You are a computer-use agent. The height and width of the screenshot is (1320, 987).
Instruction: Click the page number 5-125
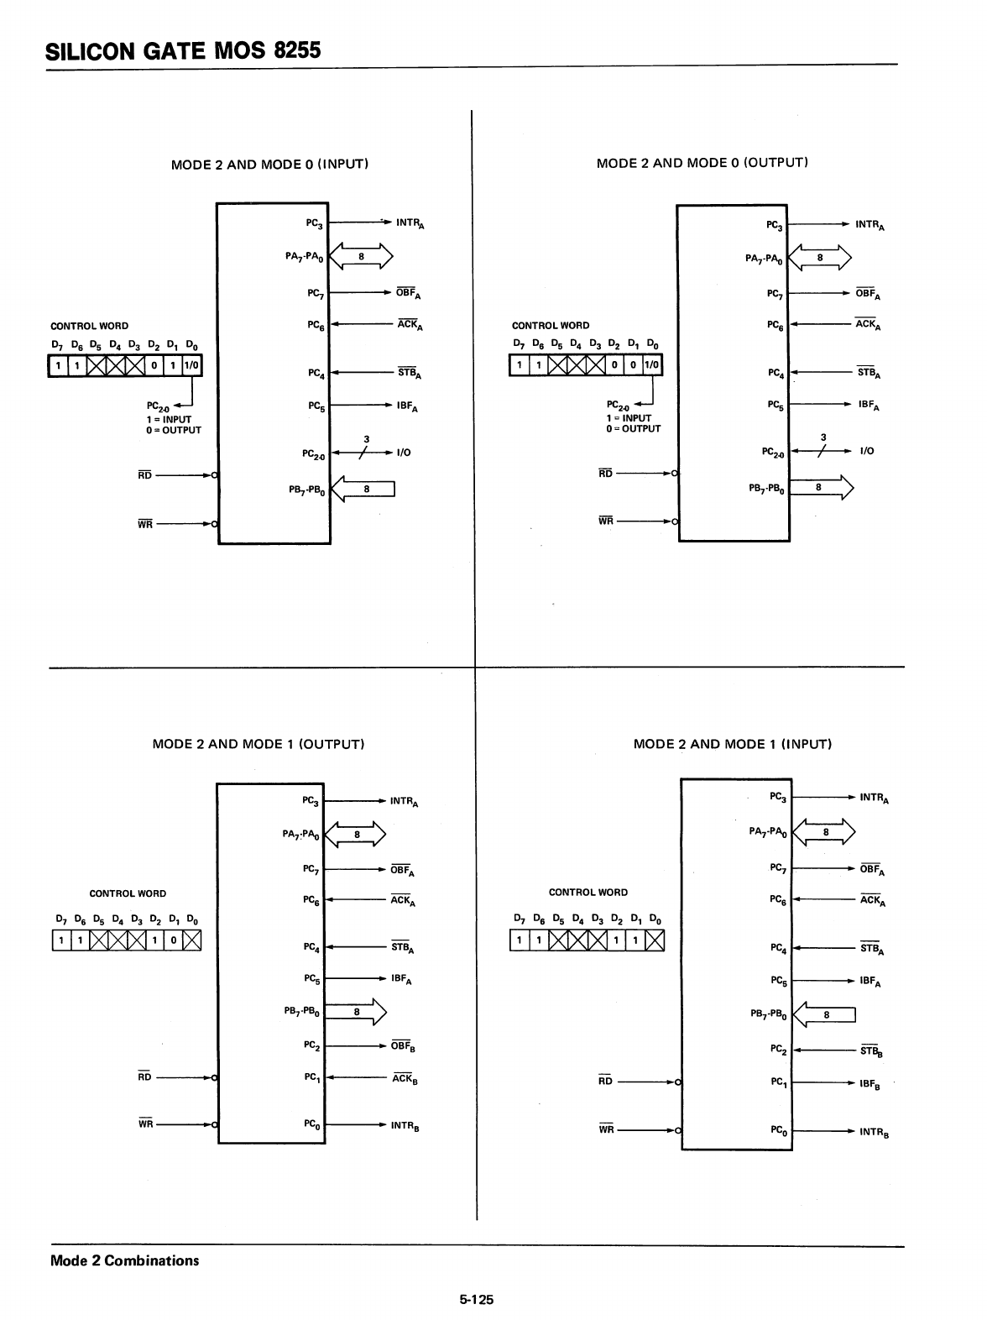click(476, 1299)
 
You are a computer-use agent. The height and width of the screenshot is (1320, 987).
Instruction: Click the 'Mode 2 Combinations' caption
click(125, 1260)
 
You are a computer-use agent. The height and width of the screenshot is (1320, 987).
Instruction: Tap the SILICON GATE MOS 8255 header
click(183, 50)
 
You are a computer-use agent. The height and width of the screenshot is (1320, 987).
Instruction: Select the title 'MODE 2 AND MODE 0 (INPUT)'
click(269, 164)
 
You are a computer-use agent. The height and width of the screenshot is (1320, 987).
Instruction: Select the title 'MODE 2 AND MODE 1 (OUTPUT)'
click(258, 744)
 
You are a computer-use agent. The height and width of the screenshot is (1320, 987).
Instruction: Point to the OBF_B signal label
click(404, 1047)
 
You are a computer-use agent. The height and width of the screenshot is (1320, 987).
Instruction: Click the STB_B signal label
click(871, 1050)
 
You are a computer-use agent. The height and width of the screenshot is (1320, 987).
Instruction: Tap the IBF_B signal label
click(869, 1085)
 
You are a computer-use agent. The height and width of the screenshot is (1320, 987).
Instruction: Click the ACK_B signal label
click(405, 1079)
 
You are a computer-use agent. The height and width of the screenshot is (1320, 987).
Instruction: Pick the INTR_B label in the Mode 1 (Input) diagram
click(874, 1133)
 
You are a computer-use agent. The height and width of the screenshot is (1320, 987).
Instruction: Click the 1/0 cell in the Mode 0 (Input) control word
click(191, 366)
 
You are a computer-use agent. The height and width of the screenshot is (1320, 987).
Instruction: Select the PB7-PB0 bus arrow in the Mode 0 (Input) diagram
click(363, 489)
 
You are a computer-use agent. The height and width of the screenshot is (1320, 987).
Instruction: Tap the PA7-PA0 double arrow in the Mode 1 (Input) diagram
click(824, 832)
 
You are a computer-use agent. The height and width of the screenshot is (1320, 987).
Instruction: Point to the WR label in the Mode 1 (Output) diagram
click(146, 1124)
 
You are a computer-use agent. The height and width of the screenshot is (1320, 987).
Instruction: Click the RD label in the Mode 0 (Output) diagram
click(605, 473)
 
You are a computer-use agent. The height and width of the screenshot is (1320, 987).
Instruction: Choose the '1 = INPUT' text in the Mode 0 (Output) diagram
click(628, 417)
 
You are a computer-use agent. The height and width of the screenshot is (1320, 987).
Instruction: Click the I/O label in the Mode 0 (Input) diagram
click(403, 453)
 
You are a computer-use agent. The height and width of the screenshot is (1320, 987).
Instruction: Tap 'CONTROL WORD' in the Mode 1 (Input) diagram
click(587, 892)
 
